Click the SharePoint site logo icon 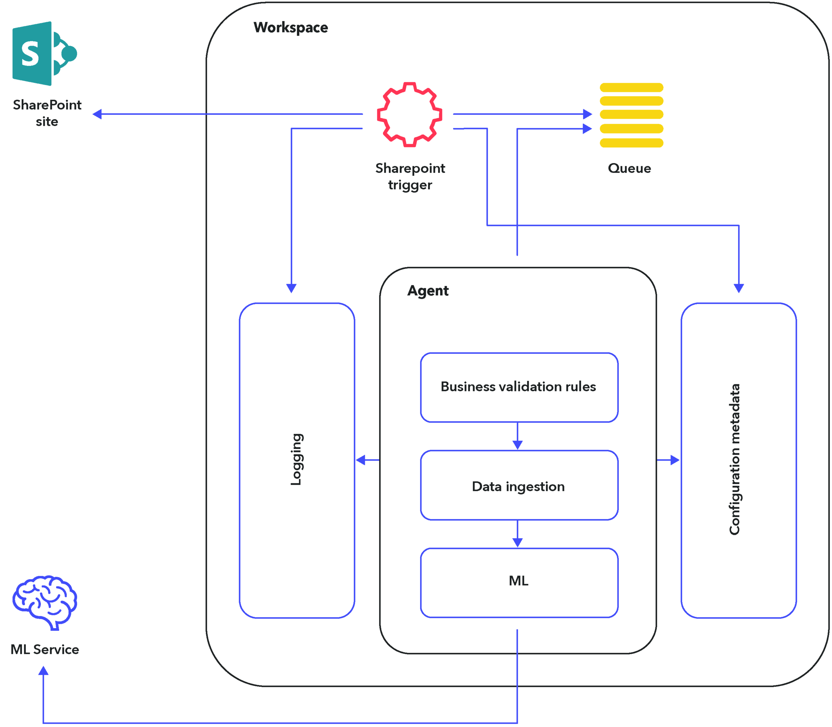pyautogui.click(x=45, y=54)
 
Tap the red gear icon pyautogui.click(x=409, y=114)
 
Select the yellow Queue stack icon pyautogui.click(x=631, y=115)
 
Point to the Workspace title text pyautogui.click(x=291, y=28)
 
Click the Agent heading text pyautogui.click(x=428, y=291)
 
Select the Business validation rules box pyautogui.click(x=519, y=388)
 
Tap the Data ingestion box pyautogui.click(x=519, y=485)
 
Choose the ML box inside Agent pyautogui.click(x=519, y=583)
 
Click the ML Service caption pyautogui.click(x=45, y=649)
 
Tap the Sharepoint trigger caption pyautogui.click(x=410, y=177)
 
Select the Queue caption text pyautogui.click(x=629, y=168)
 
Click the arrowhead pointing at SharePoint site pyautogui.click(x=97, y=114)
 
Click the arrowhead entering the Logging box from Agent pyautogui.click(x=361, y=460)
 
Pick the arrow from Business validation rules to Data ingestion pyautogui.click(x=517, y=436)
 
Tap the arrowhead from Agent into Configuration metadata pyautogui.click(x=675, y=460)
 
